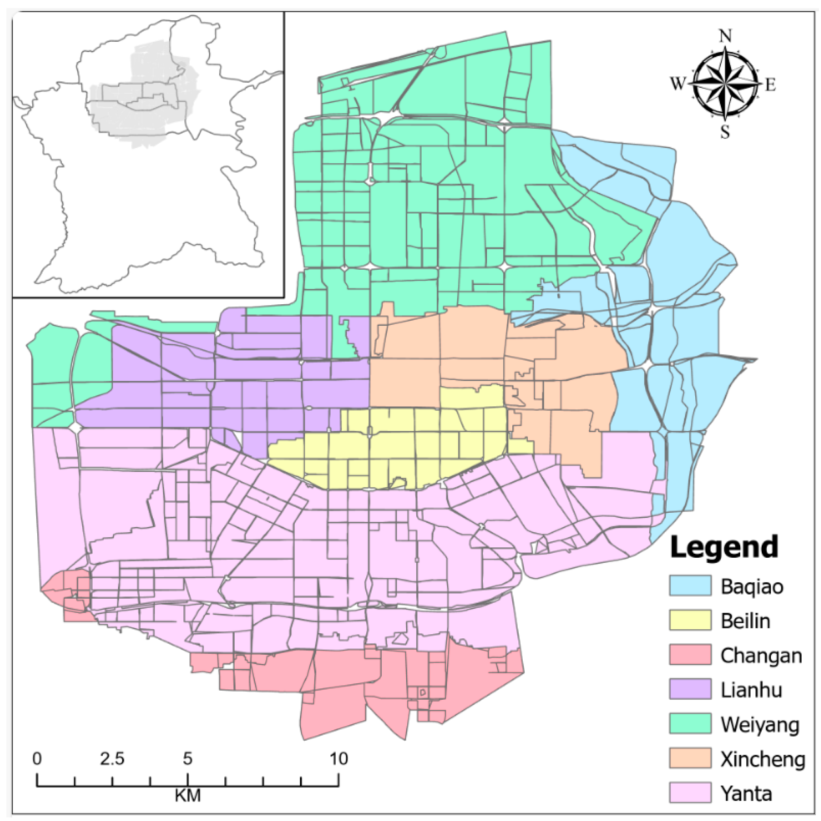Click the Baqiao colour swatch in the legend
tap(690, 586)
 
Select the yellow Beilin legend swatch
tap(690, 621)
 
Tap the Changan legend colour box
tap(690, 655)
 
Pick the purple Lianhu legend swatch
tap(690, 689)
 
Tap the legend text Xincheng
tap(763, 759)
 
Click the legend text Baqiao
tap(752, 586)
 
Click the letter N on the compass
tap(726, 37)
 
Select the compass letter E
tap(770, 85)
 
